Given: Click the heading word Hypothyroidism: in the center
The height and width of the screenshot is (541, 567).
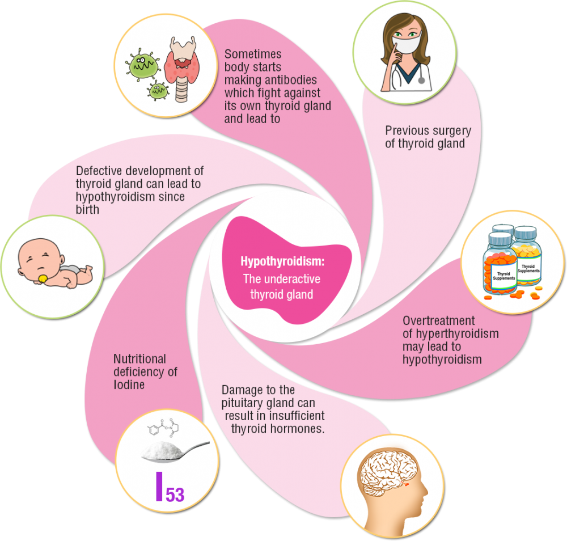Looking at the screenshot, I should click(x=281, y=261).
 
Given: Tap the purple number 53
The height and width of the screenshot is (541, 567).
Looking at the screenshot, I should click(x=175, y=494).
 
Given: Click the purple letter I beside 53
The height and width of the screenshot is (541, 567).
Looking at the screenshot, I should click(x=159, y=486).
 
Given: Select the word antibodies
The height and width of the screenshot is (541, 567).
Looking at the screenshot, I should click(x=287, y=80).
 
